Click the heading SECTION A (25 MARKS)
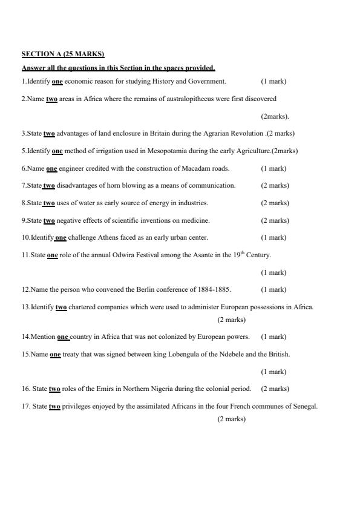[63, 54]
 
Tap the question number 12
[25, 289]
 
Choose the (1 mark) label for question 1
[273, 81]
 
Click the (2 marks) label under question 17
[232, 419]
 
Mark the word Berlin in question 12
[129, 289]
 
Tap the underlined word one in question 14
[64, 337]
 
